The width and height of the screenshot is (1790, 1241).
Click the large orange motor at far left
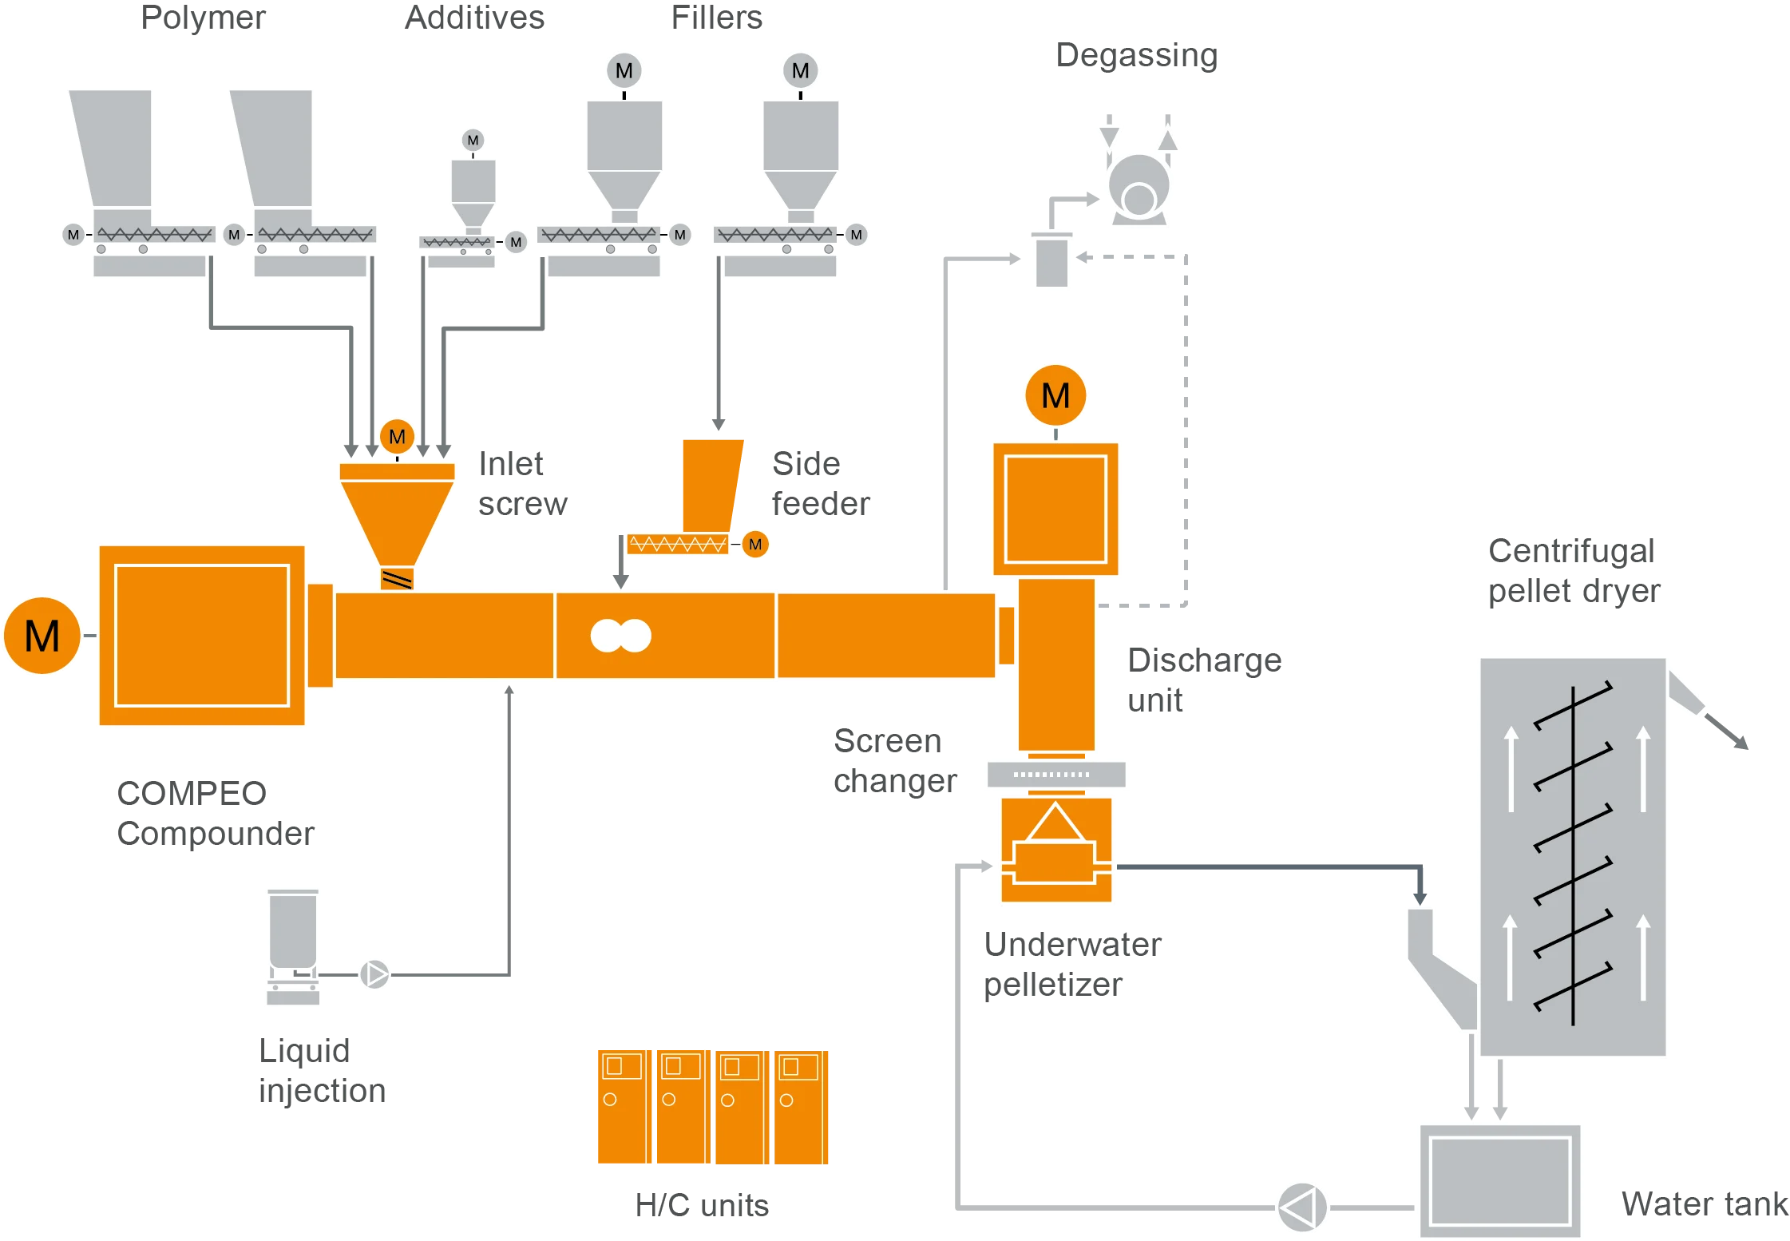(42, 636)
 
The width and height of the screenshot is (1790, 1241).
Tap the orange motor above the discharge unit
(1055, 395)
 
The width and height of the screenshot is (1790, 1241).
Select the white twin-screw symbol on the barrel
(620, 636)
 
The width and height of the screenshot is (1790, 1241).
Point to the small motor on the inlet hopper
(397, 437)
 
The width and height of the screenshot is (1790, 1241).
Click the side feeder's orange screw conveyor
(677, 545)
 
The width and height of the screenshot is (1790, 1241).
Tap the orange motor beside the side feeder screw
(755, 545)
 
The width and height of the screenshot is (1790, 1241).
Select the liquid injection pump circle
(374, 973)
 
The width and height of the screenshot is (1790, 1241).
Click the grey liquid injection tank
(293, 930)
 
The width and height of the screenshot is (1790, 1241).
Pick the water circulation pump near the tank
(1302, 1207)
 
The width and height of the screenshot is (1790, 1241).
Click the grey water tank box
(1499, 1180)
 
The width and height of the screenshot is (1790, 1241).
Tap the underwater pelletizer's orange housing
(1055, 851)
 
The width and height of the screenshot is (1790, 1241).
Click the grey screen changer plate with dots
(1055, 774)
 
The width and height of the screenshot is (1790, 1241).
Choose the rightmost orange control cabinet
(798, 1108)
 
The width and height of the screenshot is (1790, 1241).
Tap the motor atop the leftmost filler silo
(624, 71)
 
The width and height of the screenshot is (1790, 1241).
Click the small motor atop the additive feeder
(473, 141)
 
